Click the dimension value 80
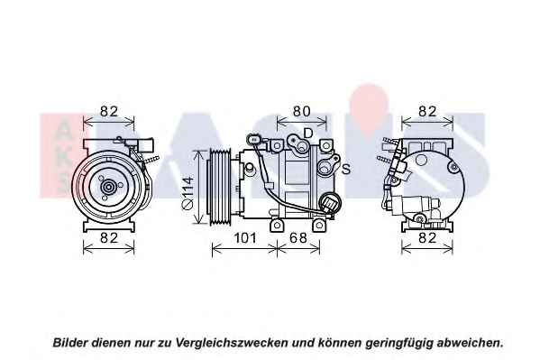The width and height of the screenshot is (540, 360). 302,111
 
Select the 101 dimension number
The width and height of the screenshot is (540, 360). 245,238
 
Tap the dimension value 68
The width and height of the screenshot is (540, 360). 297,238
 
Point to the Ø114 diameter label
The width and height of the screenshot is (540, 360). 188,193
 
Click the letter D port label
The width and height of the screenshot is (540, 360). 307,133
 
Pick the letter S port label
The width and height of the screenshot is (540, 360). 346,170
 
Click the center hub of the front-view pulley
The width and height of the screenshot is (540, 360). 108,188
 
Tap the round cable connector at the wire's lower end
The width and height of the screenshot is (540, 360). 330,203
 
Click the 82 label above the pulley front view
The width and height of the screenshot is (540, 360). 109,111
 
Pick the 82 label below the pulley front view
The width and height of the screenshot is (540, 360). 109,238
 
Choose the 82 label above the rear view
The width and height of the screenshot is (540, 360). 427,111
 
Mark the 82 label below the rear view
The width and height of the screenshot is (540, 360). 427,238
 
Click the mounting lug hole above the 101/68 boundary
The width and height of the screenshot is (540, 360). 277,226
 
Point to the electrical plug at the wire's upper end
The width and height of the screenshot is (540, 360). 253,139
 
